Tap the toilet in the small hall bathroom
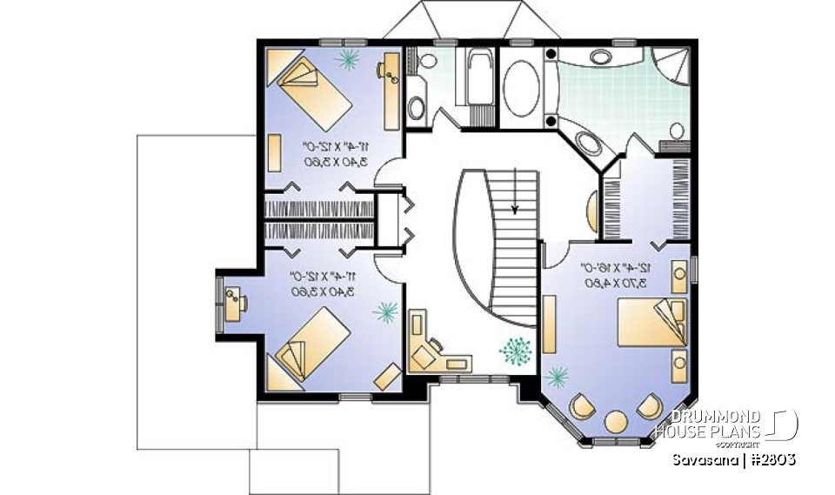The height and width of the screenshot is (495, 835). (x=417, y=109)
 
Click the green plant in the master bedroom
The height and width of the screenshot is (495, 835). (x=557, y=377)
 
